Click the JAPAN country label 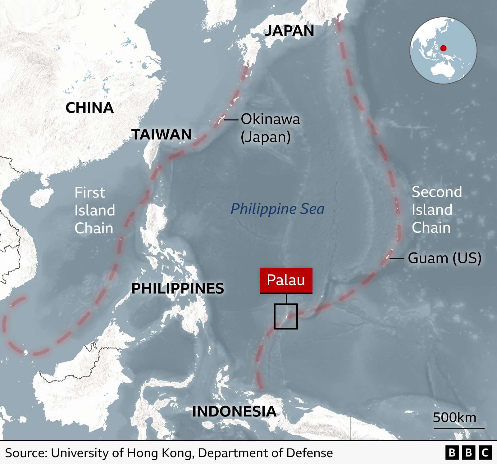tap(289, 31)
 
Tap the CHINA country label tap(89, 108)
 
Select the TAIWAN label tap(162, 134)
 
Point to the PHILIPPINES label tap(178, 288)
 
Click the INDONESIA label tap(234, 412)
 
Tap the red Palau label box tap(286, 280)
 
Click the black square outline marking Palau tap(286, 316)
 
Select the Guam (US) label tap(445, 258)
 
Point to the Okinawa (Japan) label tap(270, 128)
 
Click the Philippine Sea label tap(277, 209)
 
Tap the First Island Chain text tap(94, 210)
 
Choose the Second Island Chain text tap(436, 210)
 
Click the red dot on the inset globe tap(444, 48)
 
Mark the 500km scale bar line tap(459, 429)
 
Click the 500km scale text tap(454, 418)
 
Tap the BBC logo tap(469, 453)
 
